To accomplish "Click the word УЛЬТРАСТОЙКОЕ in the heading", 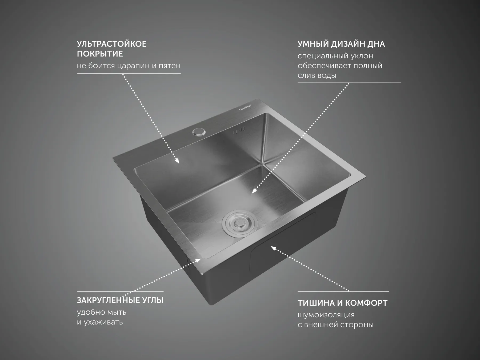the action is point(112,44).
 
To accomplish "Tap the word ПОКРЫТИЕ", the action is point(100,54).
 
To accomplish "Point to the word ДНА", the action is point(376,44).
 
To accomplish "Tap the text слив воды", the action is point(317,75).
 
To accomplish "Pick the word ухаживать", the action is point(103,322).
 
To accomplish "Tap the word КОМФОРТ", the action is point(366,303).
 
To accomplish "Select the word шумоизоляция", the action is point(326,315).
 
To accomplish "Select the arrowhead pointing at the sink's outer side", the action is point(274,249).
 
